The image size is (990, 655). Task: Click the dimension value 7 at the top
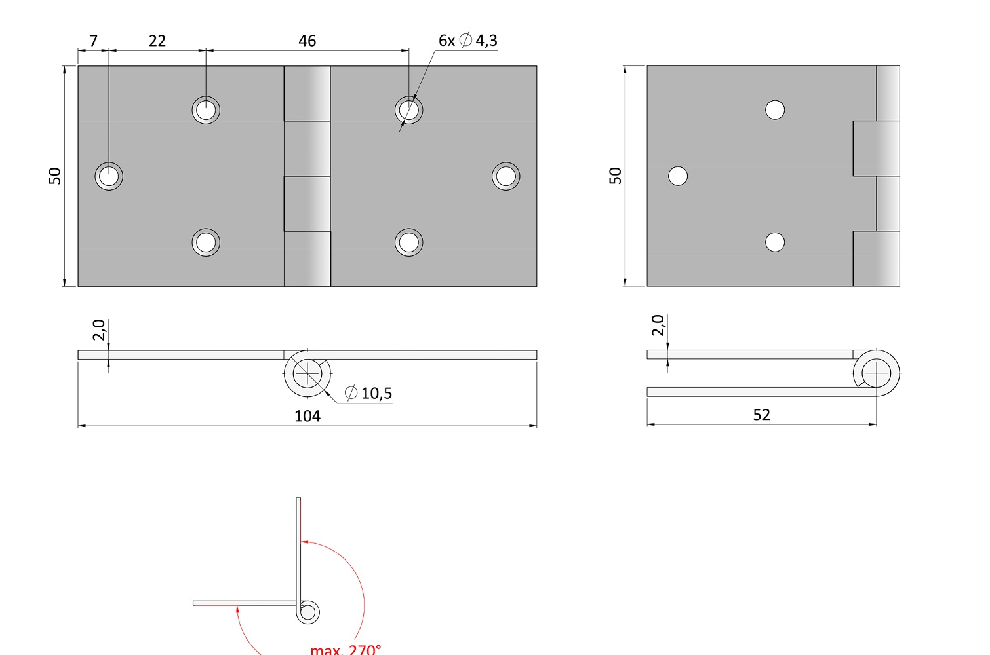[x=93, y=41]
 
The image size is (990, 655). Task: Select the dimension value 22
[x=157, y=41]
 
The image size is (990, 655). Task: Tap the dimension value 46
[x=307, y=41]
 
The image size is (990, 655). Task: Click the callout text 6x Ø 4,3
[x=468, y=40]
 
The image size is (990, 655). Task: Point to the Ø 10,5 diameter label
[x=368, y=392]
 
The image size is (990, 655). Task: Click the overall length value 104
[x=307, y=416]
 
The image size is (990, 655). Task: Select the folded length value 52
[x=761, y=415]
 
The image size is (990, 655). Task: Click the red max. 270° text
[x=346, y=649]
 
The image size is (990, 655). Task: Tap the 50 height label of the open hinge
[x=54, y=176]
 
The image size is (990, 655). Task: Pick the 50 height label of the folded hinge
[x=615, y=176]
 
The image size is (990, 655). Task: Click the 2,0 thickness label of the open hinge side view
[x=99, y=329]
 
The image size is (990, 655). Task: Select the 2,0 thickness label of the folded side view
[x=658, y=326]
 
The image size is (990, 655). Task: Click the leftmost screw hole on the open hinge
[x=109, y=176]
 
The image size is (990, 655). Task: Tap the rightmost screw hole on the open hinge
[x=505, y=176]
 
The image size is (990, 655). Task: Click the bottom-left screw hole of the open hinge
[x=206, y=242]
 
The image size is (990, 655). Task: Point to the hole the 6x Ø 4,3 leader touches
[x=409, y=110]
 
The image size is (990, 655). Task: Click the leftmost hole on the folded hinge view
[x=678, y=176]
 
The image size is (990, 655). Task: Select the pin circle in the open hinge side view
[x=307, y=373]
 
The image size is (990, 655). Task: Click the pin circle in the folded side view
[x=877, y=373]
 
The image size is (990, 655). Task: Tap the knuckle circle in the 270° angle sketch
[x=307, y=612]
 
